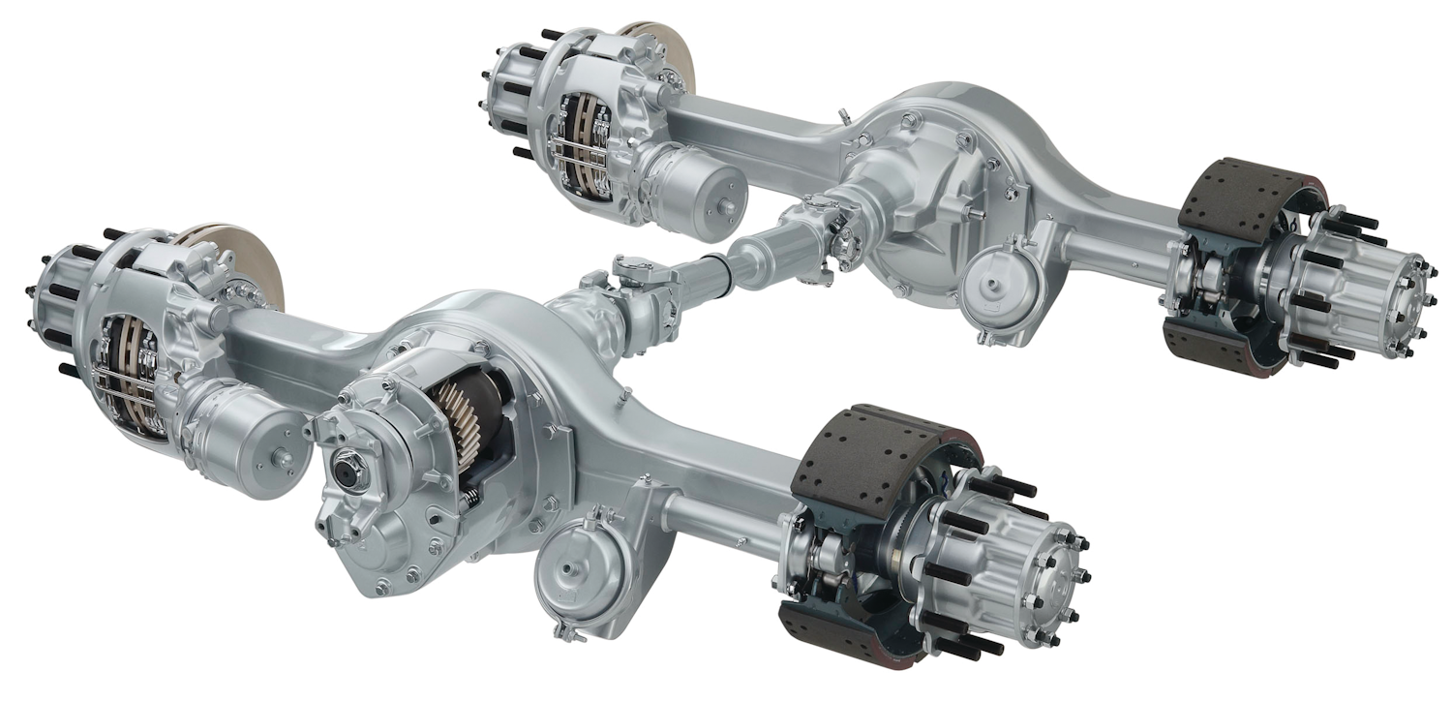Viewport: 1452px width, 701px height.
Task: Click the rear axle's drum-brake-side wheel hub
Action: click(x=1355, y=290)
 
